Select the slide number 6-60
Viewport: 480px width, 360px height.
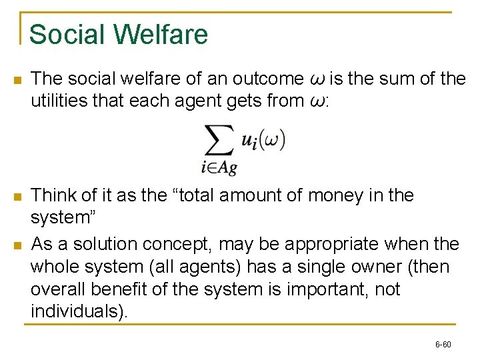[x=443, y=345]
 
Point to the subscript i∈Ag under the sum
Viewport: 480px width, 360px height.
[x=219, y=168]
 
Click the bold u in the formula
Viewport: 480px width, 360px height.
[x=247, y=141]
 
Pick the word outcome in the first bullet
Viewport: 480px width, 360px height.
[x=265, y=79]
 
